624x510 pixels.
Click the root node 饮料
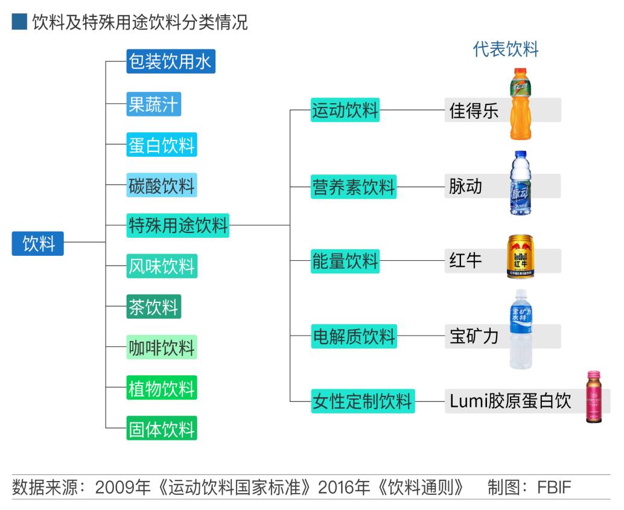pyautogui.click(x=38, y=243)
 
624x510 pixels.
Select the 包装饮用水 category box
pyautogui.click(x=171, y=62)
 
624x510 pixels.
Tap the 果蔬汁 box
pyautogui.click(x=153, y=104)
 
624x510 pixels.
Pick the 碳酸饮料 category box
pyautogui.click(x=161, y=185)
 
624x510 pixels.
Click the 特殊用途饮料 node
pyautogui.click(x=178, y=225)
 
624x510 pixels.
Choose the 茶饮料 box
pyautogui.click(x=153, y=307)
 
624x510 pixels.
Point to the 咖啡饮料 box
pyautogui.click(x=161, y=348)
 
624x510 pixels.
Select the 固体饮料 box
pyautogui.click(x=161, y=429)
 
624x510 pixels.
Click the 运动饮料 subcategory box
pyautogui.click(x=345, y=110)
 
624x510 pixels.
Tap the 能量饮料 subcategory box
pyautogui.click(x=345, y=261)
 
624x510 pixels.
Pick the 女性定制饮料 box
pyautogui.click(x=362, y=401)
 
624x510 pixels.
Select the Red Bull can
pyautogui.click(x=520, y=257)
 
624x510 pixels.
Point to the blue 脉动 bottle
pyautogui.click(x=520, y=183)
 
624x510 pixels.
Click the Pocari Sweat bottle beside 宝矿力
pyautogui.click(x=520, y=329)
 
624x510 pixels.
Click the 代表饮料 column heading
pyautogui.click(x=505, y=49)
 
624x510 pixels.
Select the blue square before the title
pyautogui.click(x=19, y=23)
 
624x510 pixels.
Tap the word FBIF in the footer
pyautogui.click(x=554, y=487)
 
